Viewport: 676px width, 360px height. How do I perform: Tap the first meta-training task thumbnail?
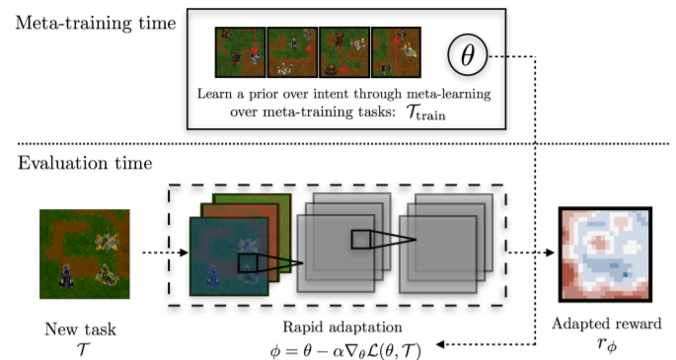(x=240, y=52)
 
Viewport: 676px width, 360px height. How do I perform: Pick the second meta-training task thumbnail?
(x=291, y=52)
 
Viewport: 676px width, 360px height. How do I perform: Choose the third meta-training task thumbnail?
(x=343, y=52)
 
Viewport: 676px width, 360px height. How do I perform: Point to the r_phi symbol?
(x=604, y=342)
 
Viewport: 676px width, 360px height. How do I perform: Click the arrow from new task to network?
(x=160, y=253)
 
